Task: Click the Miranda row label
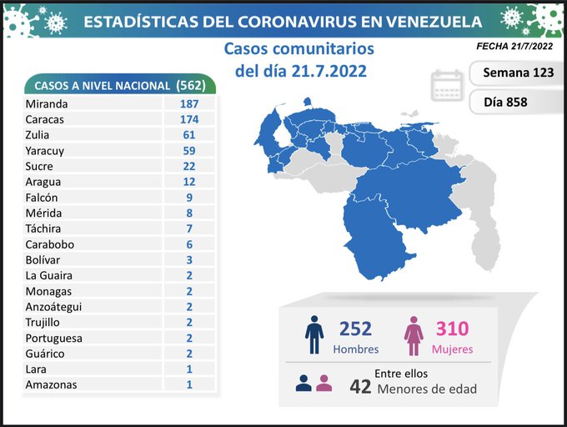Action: [x=47, y=104]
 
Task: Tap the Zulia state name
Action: [x=38, y=135]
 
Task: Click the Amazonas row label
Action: [x=51, y=384]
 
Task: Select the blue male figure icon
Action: [x=314, y=335]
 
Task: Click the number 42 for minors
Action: [x=360, y=386]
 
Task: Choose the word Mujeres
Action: [x=452, y=349]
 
